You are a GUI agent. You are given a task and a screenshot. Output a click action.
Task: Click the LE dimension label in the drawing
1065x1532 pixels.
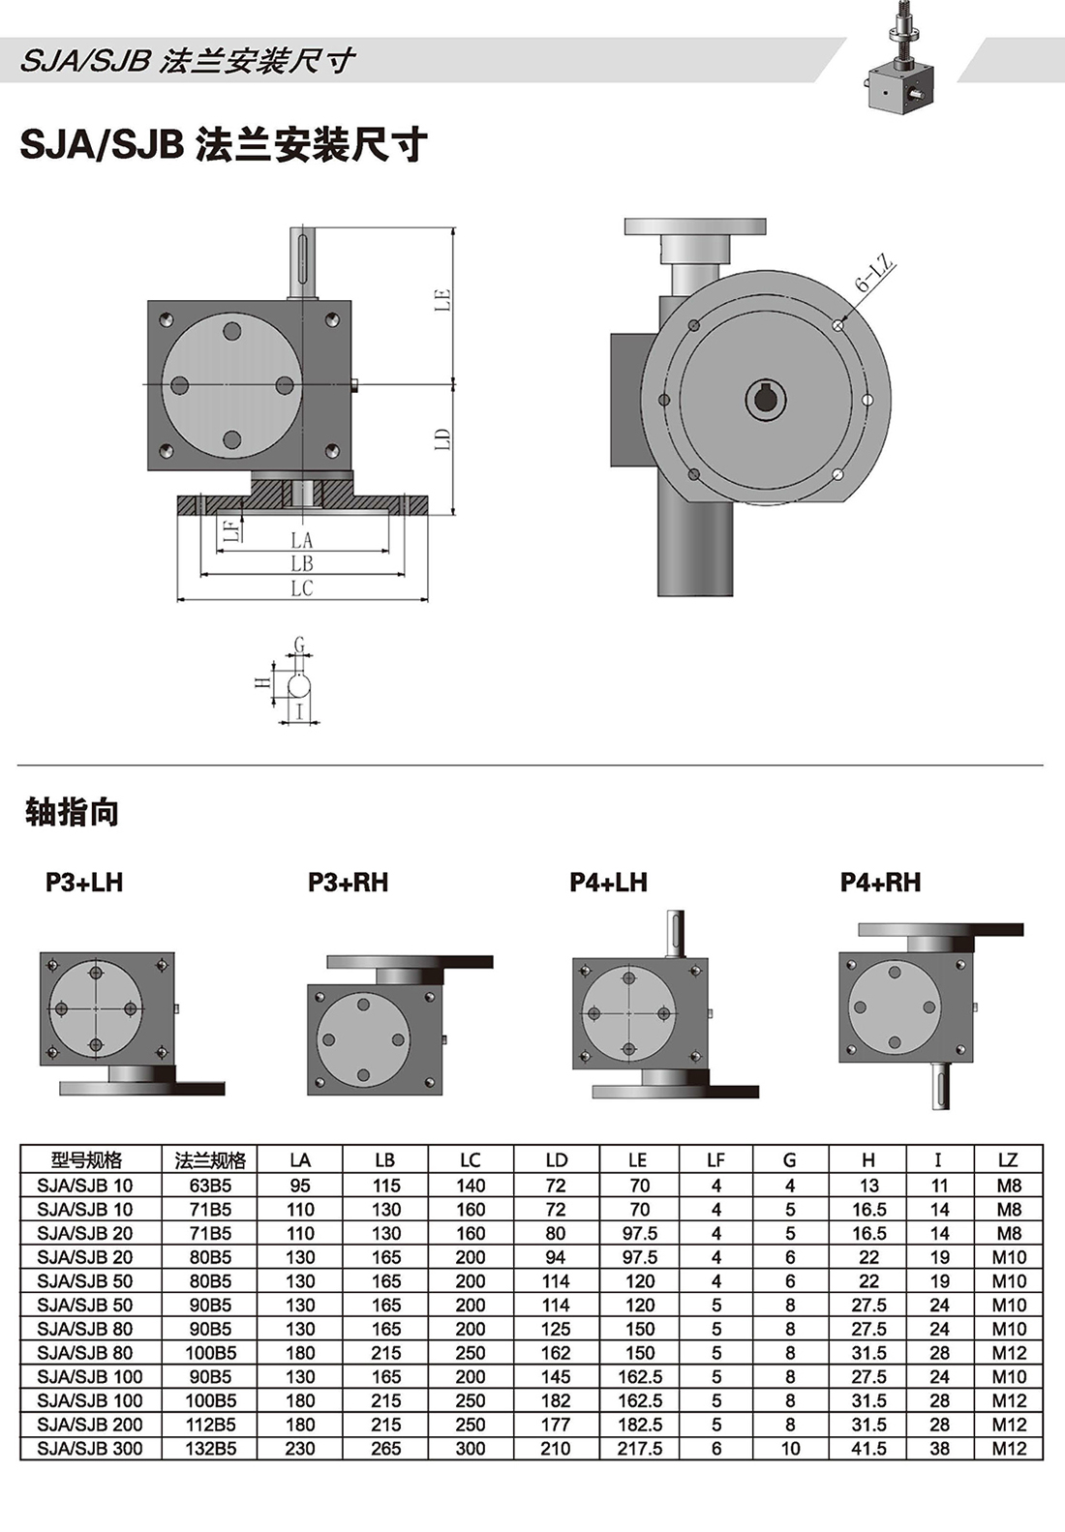[442, 299]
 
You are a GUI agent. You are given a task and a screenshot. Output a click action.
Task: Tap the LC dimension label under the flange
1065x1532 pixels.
[302, 588]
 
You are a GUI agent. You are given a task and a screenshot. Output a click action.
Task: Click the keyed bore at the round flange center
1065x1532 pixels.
[766, 399]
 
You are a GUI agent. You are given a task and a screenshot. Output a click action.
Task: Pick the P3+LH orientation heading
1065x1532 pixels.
[84, 882]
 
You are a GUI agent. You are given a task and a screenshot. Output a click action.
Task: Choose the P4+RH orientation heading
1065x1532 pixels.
[880, 882]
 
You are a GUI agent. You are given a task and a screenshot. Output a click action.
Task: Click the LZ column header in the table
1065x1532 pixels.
[1007, 1159]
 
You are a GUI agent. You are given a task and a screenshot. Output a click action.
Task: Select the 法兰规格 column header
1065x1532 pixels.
[210, 1159]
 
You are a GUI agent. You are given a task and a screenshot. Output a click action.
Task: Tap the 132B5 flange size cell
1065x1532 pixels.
[210, 1449]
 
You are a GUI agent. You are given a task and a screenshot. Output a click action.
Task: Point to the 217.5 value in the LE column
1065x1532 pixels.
[639, 1449]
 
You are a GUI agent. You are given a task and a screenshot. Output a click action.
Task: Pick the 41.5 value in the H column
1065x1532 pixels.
[868, 1449]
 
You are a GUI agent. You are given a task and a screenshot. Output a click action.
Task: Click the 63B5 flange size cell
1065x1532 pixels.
[210, 1185]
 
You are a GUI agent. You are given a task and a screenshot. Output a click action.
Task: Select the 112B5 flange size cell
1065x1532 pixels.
[210, 1425]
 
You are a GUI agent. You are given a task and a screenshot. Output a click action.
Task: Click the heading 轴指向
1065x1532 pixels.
[72, 812]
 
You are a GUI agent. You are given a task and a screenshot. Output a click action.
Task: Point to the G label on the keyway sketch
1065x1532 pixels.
[299, 645]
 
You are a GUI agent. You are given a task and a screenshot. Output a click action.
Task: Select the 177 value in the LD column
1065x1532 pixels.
[556, 1425]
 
